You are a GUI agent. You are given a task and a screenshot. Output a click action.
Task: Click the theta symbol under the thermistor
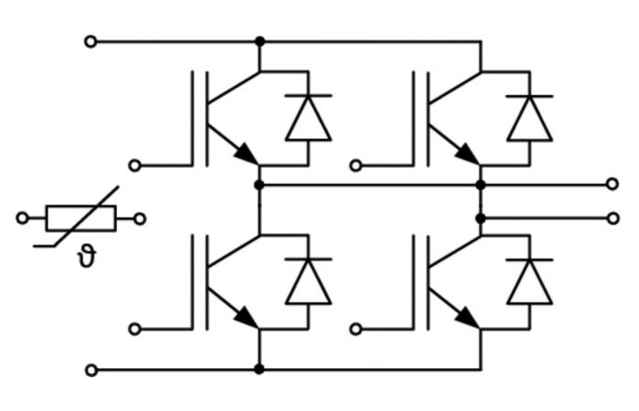pos(87,258)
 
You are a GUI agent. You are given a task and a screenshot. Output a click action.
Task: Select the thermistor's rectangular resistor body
pos(81,218)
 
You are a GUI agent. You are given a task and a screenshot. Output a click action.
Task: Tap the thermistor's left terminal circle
pos(22,218)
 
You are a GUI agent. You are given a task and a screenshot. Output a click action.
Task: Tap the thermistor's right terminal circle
pos(140,219)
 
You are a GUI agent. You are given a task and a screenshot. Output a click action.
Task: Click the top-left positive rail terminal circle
pos(90,42)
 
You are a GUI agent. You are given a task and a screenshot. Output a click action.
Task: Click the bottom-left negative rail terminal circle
pos(91,370)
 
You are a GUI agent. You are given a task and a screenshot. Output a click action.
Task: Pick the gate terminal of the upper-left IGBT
pos(134,166)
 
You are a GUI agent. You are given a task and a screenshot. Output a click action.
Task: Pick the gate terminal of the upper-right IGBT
pos(356,166)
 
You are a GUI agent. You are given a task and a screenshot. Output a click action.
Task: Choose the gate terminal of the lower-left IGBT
pos(134,329)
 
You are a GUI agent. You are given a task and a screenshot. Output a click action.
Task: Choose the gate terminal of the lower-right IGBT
pos(356,329)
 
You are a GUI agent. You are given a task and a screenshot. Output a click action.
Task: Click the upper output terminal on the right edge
pos(613,184)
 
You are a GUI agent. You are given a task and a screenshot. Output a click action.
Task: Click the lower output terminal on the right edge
pos(613,218)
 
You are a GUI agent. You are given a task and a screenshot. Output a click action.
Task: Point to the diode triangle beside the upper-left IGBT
pos(309,118)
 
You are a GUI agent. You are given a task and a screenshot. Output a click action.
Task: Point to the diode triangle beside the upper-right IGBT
pos(529,118)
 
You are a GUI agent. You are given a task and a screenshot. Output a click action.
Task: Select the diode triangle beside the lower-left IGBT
pos(309,281)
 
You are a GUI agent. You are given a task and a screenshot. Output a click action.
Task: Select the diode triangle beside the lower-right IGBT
pos(529,281)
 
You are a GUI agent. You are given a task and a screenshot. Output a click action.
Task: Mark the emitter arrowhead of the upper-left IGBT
pos(247,154)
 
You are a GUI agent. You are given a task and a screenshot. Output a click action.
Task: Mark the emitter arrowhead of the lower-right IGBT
pos(468,318)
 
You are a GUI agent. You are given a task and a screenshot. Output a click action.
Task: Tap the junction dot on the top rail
pos(259,41)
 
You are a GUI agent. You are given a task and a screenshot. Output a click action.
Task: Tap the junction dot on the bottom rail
pos(258,369)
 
